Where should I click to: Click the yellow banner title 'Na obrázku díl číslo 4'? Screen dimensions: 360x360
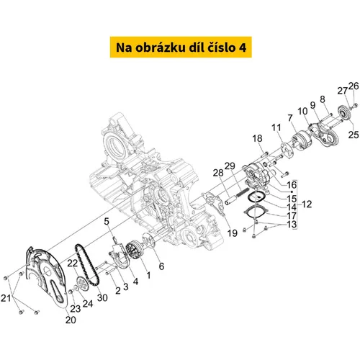click(x=181, y=48)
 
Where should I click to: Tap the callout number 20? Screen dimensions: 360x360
click(x=71, y=320)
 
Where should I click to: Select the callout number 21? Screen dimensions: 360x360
click(x=6, y=298)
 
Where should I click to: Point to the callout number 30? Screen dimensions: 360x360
click(x=102, y=297)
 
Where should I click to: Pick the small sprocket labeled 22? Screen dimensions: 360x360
click(x=82, y=284)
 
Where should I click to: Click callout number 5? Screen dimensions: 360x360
click(x=107, y=221)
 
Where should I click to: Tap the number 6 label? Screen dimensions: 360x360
click(x=161, y=266)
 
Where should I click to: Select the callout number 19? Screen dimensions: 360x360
click(x=233, y=233)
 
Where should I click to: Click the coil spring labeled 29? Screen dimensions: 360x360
click(x=242, y=192)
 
